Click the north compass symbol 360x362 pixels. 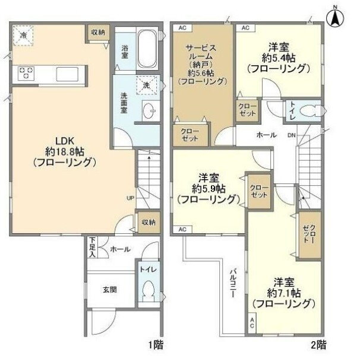click(335, 18)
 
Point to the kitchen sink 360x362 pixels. click(67, 74)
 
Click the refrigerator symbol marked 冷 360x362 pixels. click(23, 36)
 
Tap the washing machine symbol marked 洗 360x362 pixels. click(147, 85)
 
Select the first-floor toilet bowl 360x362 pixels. click(149, 291)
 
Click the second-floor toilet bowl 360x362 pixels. click(310, 110)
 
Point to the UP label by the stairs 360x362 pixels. click(130, 198)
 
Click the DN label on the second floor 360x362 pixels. click(292, 135)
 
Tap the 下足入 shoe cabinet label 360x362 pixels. click(93, 247)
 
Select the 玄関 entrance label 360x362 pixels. click(110, 290)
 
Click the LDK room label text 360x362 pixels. click(65, 141)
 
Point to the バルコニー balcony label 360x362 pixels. click(233, 283)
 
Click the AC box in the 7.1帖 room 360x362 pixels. click(252, 323)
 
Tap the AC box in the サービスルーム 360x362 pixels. click(182, 28)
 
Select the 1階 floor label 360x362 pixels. click(156, 345)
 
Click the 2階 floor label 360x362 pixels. click(318, 345)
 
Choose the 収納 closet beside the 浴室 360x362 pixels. click(98, 32)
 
